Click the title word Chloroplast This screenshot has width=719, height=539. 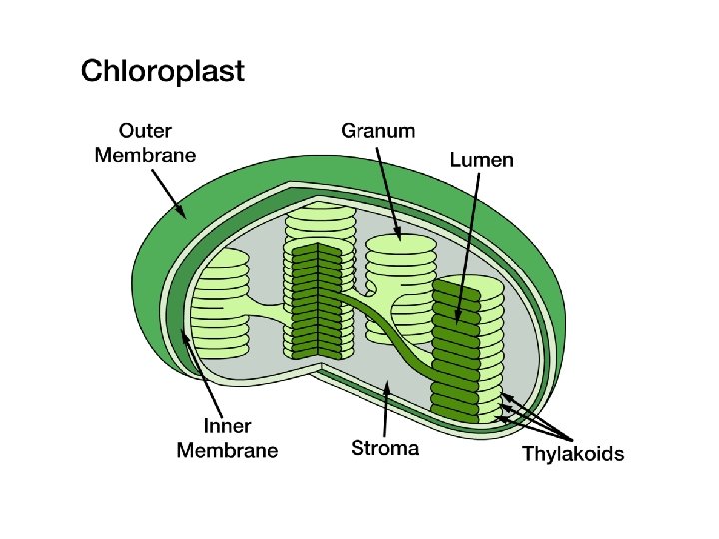162,73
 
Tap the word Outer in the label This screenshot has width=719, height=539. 146,131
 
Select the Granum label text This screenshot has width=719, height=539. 378,131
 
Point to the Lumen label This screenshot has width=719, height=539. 482,160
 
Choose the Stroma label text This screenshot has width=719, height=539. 385,448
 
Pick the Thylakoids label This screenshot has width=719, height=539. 573,455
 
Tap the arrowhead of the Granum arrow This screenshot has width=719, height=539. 399,239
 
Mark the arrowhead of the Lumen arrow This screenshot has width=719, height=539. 458,323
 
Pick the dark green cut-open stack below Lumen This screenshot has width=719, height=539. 455,349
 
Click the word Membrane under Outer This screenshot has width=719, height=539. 146,154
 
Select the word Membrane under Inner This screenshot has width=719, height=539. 228,451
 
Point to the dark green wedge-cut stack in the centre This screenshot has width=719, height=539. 318,299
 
